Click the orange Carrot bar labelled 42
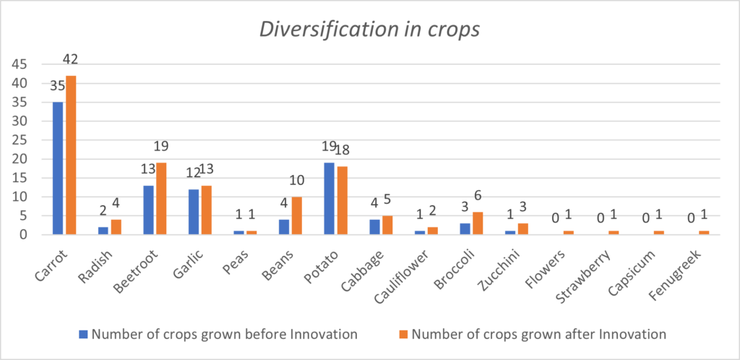click(x=71, y=155)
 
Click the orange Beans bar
click(x=297, y=215)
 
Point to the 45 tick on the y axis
click(x=20, y=64)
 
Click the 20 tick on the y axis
click(x=20, y=159)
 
